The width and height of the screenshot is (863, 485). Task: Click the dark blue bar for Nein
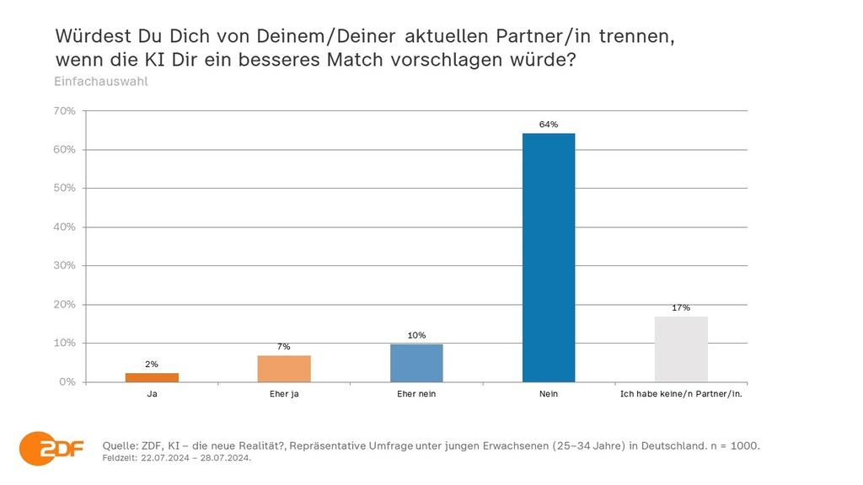point(549,257)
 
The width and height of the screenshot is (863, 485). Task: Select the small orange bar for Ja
point(153,377)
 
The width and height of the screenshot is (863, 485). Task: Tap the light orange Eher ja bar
point(284,369)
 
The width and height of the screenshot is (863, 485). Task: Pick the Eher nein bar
point(416,363)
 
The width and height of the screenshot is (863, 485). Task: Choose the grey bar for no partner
point(681,349)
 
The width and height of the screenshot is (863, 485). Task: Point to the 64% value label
point(549,125)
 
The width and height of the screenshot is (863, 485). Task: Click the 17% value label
point(681,307)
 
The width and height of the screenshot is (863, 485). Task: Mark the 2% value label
point(153,365)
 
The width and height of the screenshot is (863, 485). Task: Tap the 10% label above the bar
point(416,335)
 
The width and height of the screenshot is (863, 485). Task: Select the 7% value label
point(284,347)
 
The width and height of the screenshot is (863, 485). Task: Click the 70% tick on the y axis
point(65,111)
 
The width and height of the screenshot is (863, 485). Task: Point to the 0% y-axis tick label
point(67,382)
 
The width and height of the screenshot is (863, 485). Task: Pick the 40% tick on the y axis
point(65,227)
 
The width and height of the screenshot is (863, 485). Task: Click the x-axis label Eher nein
point(416,394)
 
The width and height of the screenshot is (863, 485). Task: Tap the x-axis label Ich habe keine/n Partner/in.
point(681,394)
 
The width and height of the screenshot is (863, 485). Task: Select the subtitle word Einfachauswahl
point(101,83)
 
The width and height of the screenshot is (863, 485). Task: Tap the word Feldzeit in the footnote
point(119,459)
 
